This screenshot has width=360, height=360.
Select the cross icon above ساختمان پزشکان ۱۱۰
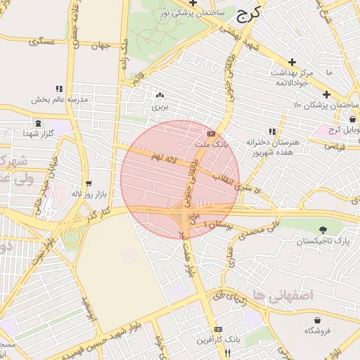coord(326,94)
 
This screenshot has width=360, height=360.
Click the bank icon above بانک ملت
coord(212,134)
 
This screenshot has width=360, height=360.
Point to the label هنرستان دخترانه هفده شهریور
coord(273,146)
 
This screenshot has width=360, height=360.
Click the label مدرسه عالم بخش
coord(60,100)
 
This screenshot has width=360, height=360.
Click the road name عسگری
coord(41,41)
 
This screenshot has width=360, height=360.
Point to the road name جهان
coord(101,46)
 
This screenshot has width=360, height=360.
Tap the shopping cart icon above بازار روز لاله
coord(88,182)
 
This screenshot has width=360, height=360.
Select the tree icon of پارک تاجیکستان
coord(323,230)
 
